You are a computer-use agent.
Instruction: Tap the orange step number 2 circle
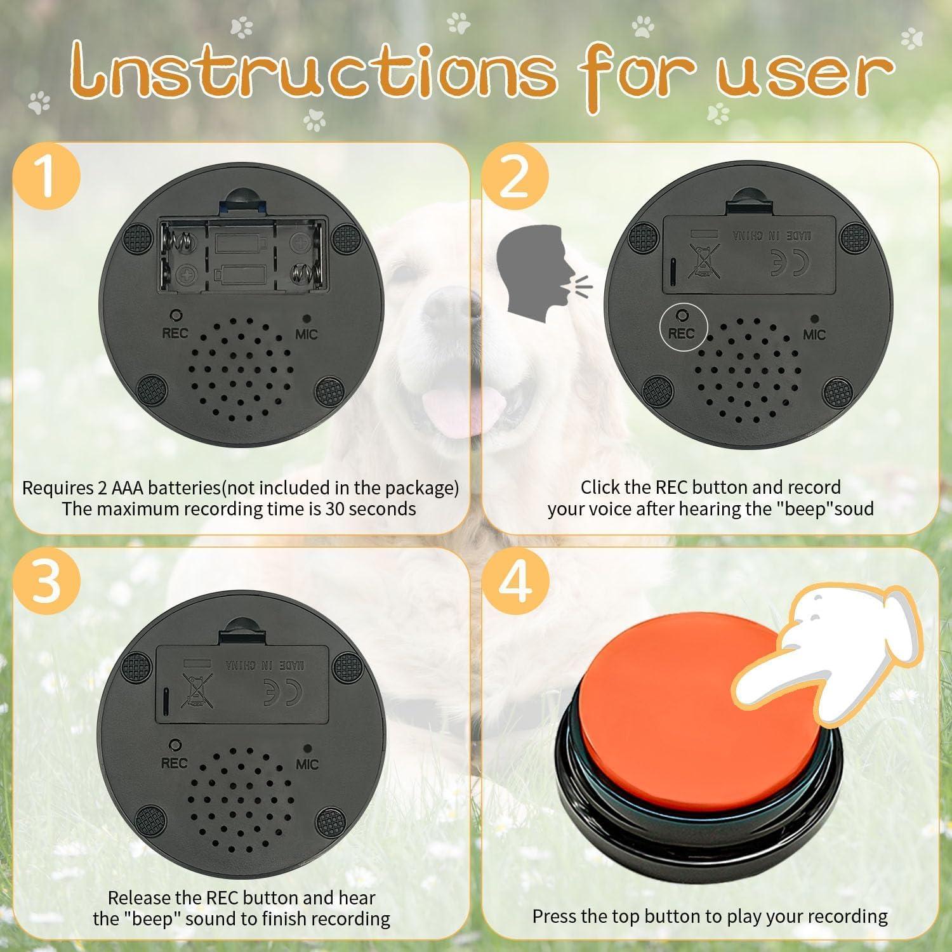515,176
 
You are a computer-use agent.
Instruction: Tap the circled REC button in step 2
682,326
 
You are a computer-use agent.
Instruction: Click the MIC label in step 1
306,334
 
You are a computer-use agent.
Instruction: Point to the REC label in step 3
174,763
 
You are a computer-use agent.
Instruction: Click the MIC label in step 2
814,334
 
